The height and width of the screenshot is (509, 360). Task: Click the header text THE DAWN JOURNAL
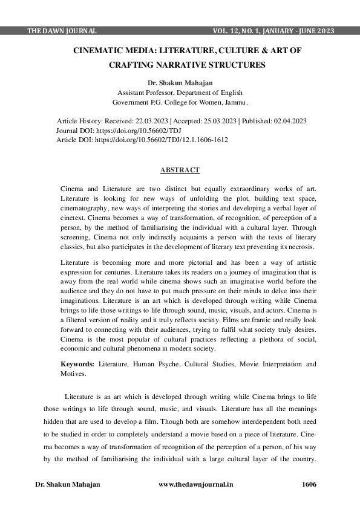pos(62,31)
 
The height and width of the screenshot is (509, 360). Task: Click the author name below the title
pos(180,81)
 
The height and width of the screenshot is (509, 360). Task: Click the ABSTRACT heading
pos(180,170)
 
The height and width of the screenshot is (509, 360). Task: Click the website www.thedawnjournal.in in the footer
pos(195,484)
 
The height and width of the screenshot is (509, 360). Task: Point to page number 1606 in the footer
pos(309,484)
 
